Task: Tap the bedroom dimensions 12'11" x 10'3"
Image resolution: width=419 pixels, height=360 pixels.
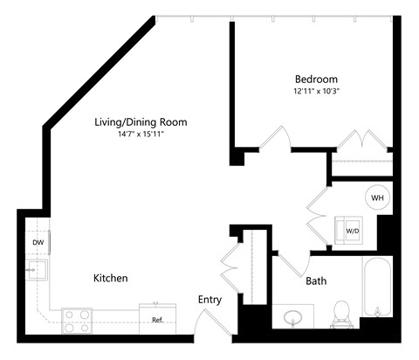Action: click(315, 90)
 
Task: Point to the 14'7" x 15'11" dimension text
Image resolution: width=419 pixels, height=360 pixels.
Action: click(141, 134)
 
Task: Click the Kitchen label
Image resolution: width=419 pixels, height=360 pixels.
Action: click(111, 278)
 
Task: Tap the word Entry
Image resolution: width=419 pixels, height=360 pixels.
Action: click(209, 300)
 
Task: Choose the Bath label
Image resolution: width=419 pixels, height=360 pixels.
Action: click(316, 281)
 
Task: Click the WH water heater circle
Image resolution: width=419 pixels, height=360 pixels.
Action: click(377, 197)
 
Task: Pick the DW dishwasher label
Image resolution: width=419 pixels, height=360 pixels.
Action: click(38, 242)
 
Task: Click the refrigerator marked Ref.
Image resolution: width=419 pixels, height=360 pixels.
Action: click(158, 319)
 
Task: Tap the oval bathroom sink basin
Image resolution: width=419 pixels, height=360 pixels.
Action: click(293, 316)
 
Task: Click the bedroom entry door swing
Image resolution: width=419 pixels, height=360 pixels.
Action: click(278, 140)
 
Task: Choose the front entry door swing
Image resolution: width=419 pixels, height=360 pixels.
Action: click(209, 325)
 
